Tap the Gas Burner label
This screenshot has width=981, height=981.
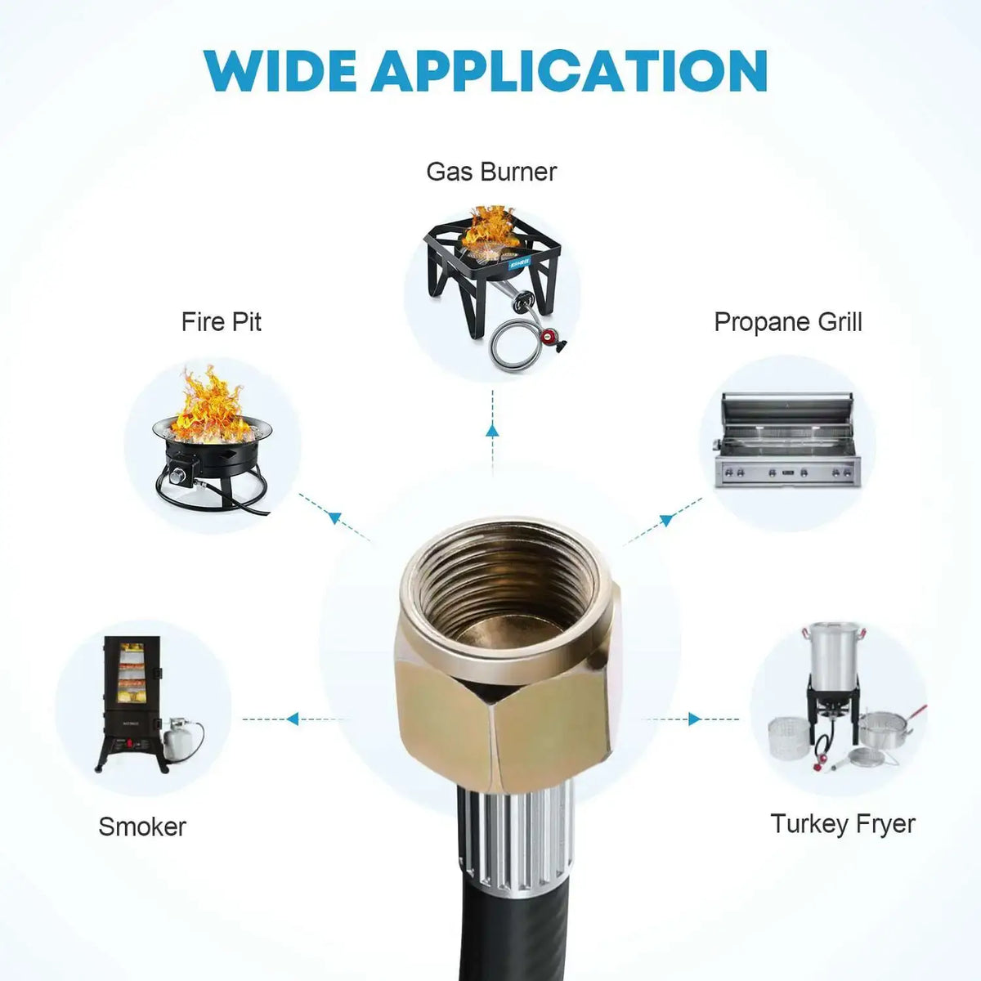click(x=491, y=172)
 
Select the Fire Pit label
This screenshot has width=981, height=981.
click(x=222, y=321)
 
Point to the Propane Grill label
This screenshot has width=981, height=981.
click(x=788, y=322)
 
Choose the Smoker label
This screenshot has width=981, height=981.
click(x=142, y=826)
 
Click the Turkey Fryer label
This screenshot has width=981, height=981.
click(x=843, y=823)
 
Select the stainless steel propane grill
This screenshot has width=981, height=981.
click(x=787, y=441)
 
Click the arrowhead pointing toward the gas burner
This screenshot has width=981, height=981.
click(x=492, y=432)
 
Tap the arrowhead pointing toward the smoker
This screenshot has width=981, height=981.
click(x=292, y=719)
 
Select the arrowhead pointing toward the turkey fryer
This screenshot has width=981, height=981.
click(x=695, y=719)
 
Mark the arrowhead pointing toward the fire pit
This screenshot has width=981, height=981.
click(x=333, y=517)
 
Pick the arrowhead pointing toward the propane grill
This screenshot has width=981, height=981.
click(x=667, y=518)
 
